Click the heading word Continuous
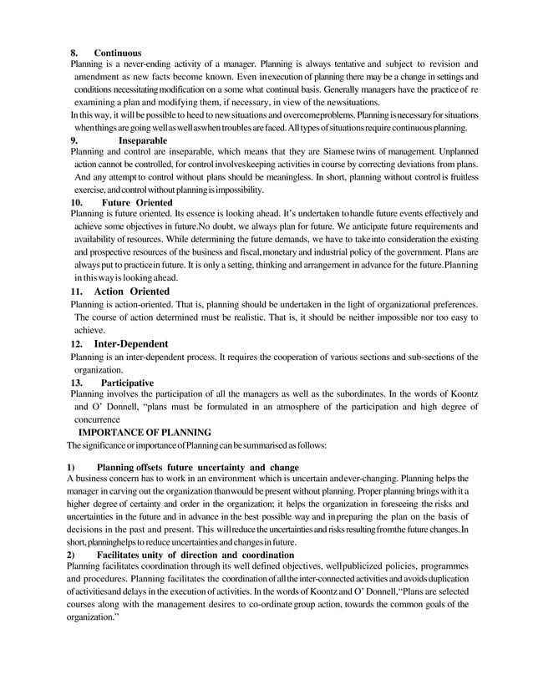[118, 53]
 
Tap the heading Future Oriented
[137, 203]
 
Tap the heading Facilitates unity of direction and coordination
[195, 555]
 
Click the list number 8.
[74, 53]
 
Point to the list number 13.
[76, 383]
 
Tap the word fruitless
[458, 178]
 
